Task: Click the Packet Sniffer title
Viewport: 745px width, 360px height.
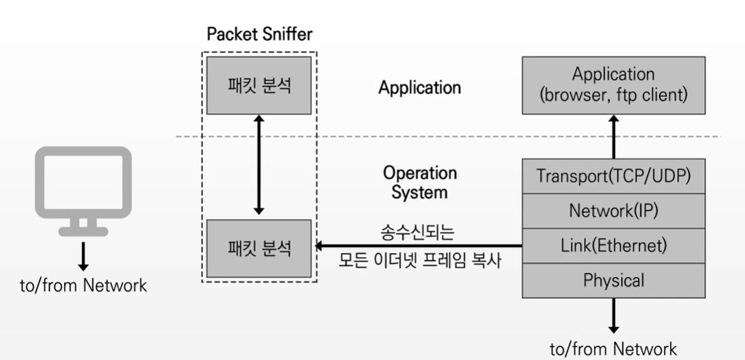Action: pyautogui.click(x=260, y=34)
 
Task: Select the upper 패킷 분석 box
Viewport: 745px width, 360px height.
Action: pyautogui.click(x=260, y=85)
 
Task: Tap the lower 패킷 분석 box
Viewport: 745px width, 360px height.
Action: pyautogui.click(x=260, y=248)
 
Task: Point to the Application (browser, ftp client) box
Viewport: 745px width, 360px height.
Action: pyautogui.click(x=613, y=85)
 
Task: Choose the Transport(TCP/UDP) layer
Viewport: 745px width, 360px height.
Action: pyautogui.click(x=613, y=176)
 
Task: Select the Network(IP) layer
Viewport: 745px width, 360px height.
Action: pyautogui.click(x=613, y=210)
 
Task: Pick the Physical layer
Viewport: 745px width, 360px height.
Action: pyautogui.click(x=613, y=280)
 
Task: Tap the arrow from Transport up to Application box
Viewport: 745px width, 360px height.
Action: pyautogui.click(x=613, y=136)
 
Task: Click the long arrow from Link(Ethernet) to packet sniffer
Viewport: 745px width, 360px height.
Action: pyautogui.click(x=420, y=246)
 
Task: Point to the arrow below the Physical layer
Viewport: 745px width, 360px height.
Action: pyautogui.click(x=613, y=315)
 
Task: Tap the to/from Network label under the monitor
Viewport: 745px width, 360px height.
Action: pyautogui.click(x=83, y=285)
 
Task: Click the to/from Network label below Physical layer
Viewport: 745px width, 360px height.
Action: pyautogui.click(x=613, y=348)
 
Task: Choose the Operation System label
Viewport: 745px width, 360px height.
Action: pyautogui.click(x=420, y=182)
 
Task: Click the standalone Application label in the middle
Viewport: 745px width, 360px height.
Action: pyautogui.click(x=420, y=87)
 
